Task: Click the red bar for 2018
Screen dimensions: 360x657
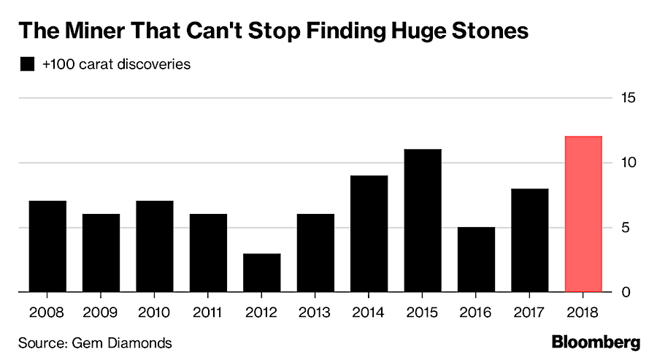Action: point(583,214)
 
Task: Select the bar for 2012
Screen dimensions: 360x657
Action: point(262,273)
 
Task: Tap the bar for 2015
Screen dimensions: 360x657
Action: point(423,221)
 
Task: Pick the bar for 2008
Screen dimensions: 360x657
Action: point(47,246)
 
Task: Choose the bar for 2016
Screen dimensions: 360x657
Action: point(477,259)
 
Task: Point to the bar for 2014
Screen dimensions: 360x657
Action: point(369,234)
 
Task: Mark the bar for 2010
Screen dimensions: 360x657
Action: point(155,246)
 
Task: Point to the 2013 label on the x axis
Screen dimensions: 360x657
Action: point(315,313)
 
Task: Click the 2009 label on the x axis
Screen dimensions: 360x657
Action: point(101,313)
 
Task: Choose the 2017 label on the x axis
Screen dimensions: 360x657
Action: point(530,313)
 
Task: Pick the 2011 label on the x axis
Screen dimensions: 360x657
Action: point(208,313)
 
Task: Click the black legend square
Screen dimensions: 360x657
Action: point(27,64)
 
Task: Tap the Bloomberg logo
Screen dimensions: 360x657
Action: point(595,342)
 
